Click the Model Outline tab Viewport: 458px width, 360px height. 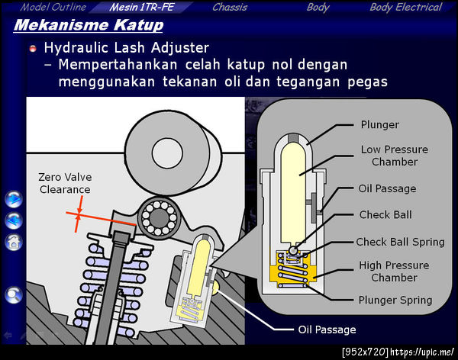(x=53, y=7)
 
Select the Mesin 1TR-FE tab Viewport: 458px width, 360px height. (x=142, y=7)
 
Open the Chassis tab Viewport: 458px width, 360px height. (x=230, y=7)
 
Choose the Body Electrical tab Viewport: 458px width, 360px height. (x=406, y=8)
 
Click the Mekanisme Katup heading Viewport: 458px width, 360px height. (x=89, y=25)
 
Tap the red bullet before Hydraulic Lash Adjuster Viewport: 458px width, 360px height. (x=33, y=49)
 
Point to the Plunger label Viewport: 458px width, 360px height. (x=379, y=124)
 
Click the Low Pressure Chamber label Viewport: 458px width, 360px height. (x=395, y=156)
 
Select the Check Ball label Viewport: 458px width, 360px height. (x=385, y=215)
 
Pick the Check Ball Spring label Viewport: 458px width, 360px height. (x=400, y=242)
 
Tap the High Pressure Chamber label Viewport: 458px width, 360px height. (x=394, y=272)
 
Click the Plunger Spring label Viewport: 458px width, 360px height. (x=395, y=301)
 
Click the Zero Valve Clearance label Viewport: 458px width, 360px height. (x=65, y=183)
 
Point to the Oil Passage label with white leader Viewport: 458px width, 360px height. (x=327, y=329)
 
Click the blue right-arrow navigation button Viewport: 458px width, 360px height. (x=14, y=199)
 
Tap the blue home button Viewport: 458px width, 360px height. (x=14, y=243)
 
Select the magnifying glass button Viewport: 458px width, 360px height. (x=14, y=295)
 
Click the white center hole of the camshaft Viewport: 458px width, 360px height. (x=167, y=153)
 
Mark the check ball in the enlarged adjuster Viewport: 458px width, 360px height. (x=293, y=250)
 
